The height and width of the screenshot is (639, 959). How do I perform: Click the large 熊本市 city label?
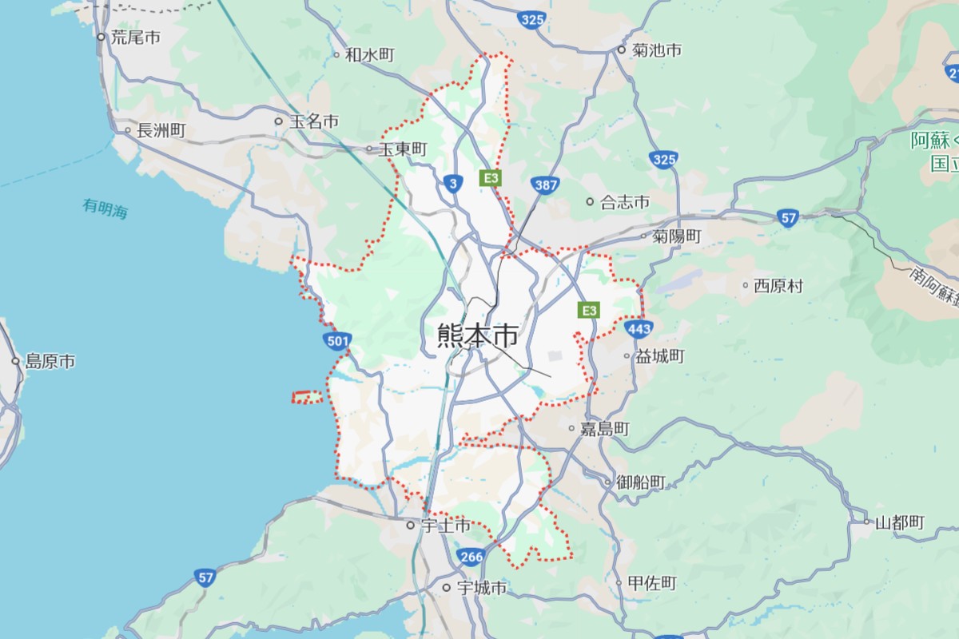pos(477,335)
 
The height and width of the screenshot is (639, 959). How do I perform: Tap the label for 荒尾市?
pos(136,37)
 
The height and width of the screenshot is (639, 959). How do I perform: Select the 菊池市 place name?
pos(656,50)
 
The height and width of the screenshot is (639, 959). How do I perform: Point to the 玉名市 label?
pos(313,121)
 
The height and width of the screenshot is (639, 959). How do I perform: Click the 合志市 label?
pos(625,202)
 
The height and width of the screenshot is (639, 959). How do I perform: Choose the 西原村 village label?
pos(778,285)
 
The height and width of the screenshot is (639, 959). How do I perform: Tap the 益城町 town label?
pos(660,356)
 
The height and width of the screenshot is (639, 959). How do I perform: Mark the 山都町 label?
pos(899,523)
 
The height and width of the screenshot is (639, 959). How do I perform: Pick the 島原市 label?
pos(50,362)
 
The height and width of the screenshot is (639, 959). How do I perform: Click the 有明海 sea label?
pos(105,209)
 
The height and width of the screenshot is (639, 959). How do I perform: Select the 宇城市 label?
pos(481,588)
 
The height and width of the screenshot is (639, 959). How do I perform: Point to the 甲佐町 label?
pos(652,583)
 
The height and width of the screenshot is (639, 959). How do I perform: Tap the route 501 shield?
pos(338,342)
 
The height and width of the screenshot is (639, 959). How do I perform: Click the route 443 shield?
pos(640,328)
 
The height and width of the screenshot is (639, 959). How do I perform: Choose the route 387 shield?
pos(546,185)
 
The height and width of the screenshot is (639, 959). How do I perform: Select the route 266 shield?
pos(471,556)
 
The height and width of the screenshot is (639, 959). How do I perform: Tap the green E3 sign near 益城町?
pos(590,310)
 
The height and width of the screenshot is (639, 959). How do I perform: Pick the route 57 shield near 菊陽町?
pos(789,218)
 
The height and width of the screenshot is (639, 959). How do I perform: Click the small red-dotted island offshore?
pos(307,397)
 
